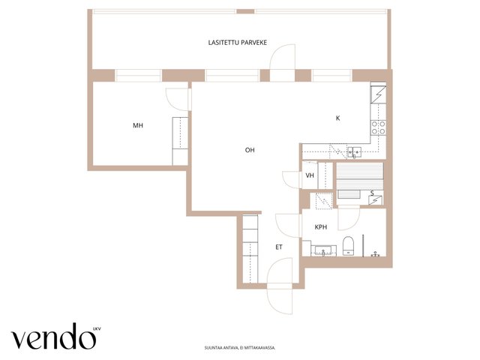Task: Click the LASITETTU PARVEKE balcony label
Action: [x=237, y=43]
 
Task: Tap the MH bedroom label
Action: [x=138, y=125]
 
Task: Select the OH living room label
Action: [x=250, y=150]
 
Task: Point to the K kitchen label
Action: [x=338, y=118]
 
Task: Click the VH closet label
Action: [x=310, y=175]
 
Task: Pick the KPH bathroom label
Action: [x=321, y=226]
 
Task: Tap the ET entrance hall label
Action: [x=279, y=247]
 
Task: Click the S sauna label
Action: [x=372, y=193]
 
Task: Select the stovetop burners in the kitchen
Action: [x=378, y=127]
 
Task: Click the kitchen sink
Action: [x=355, y=151]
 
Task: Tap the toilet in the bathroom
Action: [x=348, y=245]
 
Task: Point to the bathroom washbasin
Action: [x=323, y=250]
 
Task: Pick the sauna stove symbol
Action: [x=376, y=200]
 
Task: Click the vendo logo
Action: [x=53, y=337]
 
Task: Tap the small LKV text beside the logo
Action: [x=97, y=329]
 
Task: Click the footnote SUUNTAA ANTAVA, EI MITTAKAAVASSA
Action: [x=240, y=348]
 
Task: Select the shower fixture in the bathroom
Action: [x=376, y=254]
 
